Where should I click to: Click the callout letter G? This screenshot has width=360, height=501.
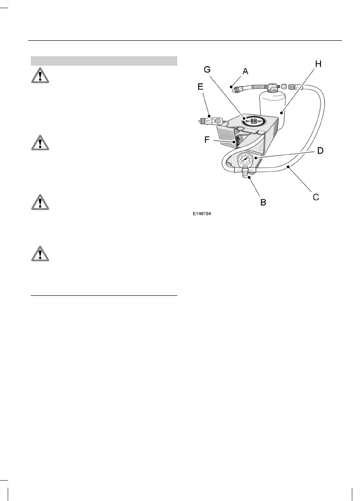(207, 70)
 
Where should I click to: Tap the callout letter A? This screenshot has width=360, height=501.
(245, 71)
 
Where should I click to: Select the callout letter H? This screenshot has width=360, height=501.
(318, 64)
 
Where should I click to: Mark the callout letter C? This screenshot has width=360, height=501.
(316, 197)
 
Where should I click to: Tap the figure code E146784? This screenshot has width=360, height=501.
(202, 213)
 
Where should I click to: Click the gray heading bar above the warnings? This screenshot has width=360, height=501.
(104, 61)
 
